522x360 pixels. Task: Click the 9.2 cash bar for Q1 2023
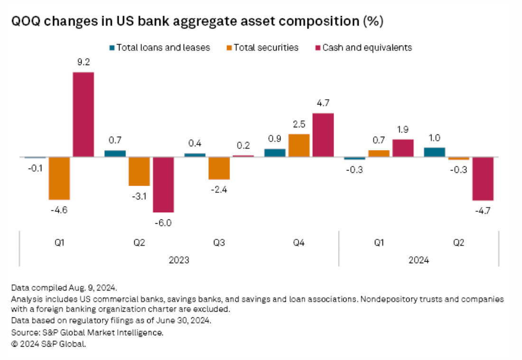[x=83, y=114]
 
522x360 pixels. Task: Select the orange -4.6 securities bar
[x=59, y=178]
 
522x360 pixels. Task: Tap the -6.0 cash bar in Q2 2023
[x=163, y=184]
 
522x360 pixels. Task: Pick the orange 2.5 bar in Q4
[x=299, y=145]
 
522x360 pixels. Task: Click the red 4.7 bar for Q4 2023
[x=323, y=135]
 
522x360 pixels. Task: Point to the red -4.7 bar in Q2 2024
[x=483, y=179]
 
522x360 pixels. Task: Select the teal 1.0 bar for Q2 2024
[x=435, y=152]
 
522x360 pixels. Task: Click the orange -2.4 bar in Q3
[x=219, y=168]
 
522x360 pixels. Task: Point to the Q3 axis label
[x=219, y=243]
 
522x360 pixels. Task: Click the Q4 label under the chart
[x=298, y=243]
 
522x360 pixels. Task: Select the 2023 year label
[x=178, y=260]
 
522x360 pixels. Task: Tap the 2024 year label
[x=418, y=260]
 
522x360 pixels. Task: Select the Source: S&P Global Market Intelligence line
[x=87, y=333]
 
